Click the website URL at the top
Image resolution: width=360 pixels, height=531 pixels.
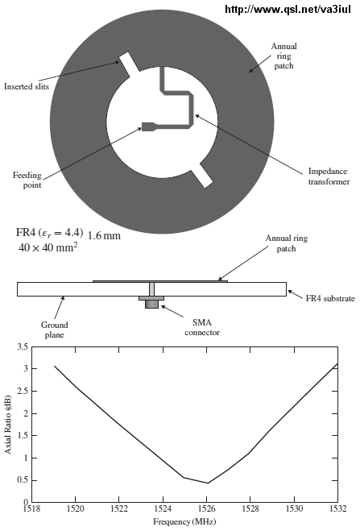point(288,9)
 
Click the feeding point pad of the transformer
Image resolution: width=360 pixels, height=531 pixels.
point(148,127)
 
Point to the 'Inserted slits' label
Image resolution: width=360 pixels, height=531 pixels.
point(27,87)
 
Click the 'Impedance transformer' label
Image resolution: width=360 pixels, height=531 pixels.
point(329,176)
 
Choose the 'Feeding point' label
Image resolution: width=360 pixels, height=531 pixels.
point(27,180)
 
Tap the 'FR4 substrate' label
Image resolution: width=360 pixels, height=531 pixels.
point(330,298)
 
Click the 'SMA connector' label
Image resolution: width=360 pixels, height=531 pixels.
point(202,327)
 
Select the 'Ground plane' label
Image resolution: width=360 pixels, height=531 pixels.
point(55,330)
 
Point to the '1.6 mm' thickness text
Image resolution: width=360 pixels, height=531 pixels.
point(104,235)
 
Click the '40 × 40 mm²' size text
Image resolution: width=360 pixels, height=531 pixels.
point(48,247)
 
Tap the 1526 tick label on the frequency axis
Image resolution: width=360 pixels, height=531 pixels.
point(207,509)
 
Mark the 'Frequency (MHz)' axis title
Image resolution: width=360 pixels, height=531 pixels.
point(184,521)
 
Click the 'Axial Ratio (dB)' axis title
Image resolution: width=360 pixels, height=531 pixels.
point(7,425)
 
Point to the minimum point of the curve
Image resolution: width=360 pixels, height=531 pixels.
point(208,483)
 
